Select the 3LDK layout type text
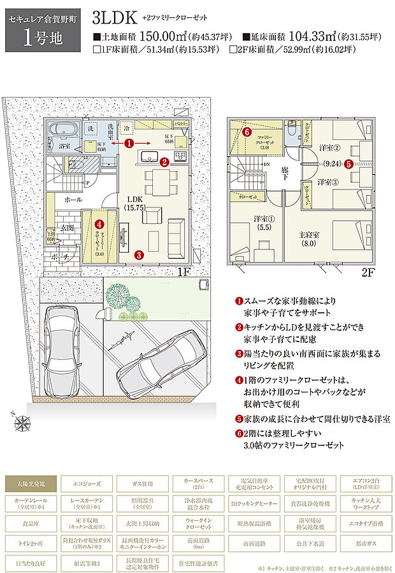tap(114, 17)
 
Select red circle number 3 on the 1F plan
tap(139, 254)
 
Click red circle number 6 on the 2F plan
tap(247, 132)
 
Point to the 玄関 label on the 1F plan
tap(68, 228)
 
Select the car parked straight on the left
tap(62, 347)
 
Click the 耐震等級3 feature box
tap(86, 563)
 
